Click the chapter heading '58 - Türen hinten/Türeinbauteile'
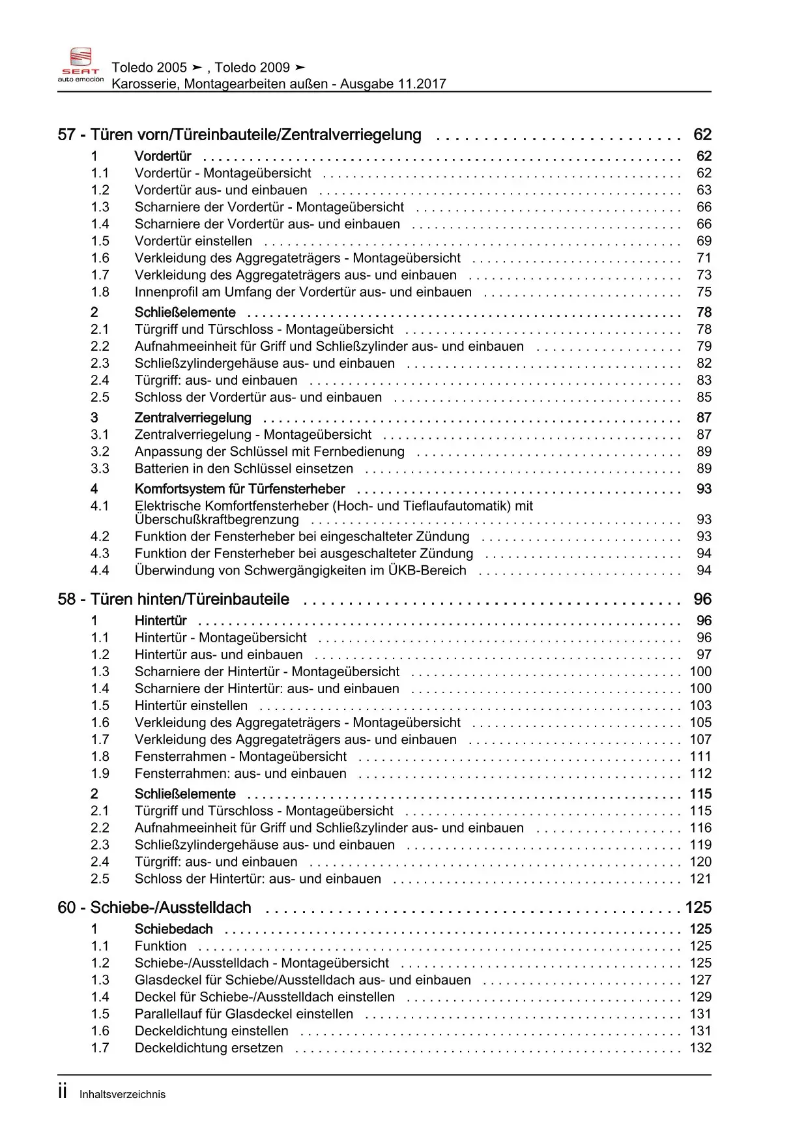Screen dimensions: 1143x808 click(x=173, y=599)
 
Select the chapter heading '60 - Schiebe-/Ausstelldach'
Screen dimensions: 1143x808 click(x=154, y=908)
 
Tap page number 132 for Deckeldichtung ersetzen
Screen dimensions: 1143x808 click(x=700, y=1048)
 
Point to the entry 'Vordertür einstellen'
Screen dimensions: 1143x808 click(x=193, y=241)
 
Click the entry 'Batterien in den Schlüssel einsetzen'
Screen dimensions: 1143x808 click(x=244, y=469)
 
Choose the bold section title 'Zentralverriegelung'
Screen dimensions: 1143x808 click(x=193, y=418)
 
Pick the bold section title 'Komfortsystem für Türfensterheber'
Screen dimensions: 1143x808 click(x=240, y=489)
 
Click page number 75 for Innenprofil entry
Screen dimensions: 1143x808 click(x=704, y=292)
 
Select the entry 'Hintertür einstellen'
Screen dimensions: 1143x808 click(x=191, y=705)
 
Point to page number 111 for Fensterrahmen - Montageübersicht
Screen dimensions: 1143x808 click(x=700, y=756)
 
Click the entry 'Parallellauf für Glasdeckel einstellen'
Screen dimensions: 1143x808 click(x=244, y=1014)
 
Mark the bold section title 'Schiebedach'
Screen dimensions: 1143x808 click(x=173, y=929)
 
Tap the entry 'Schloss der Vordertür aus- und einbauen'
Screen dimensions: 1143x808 click(x=258, y=398)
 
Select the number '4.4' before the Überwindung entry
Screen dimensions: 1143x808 click(x=100, y=571)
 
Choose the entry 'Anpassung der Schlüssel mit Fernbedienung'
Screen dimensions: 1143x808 click(x=269, y=452)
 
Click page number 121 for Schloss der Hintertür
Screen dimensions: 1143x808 click(x=700, y=879)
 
